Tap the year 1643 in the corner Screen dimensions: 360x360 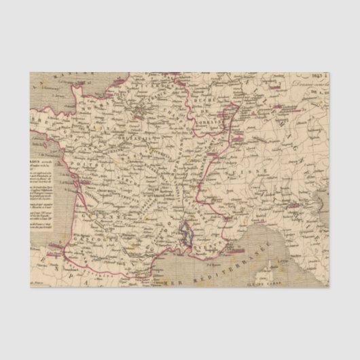[319, 76]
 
